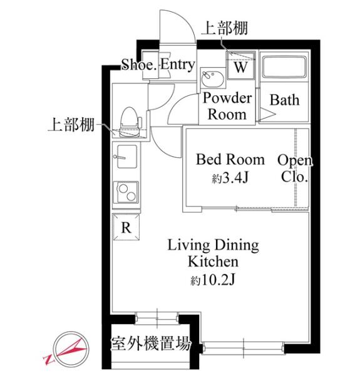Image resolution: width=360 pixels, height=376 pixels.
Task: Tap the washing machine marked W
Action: [x=240, y=65]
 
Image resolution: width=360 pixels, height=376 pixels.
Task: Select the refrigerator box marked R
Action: [x=126, y=227]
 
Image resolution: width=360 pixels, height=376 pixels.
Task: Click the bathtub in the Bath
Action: [x=284, y=67]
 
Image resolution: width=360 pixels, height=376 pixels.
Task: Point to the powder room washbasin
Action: [x=213, y=78]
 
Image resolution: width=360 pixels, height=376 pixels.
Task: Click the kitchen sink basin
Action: [x=126, y=156]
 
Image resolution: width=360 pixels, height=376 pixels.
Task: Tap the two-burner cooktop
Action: [x=126, y=192]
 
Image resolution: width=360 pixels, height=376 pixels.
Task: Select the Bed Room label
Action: [x=230, y=159]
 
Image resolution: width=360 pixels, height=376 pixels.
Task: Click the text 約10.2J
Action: [x=213, y=279]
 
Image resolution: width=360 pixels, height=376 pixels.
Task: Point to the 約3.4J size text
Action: [x=230, y=178]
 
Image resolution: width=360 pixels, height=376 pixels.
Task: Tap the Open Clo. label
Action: [x=295, y=169]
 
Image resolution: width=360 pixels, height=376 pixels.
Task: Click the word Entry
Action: [x=177, y=65]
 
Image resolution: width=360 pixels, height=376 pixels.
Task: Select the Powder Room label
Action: [x=227, y=106]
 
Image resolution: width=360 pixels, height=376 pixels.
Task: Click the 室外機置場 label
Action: [x=151, y=343]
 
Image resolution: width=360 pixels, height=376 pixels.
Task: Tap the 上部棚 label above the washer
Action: [x=225, y=28]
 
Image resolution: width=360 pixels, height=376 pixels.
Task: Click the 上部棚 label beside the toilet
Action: [x=71, y=124]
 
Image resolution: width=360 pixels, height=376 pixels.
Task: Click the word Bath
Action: [x=284, y=100]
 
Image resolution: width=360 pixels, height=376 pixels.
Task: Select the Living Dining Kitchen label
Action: [x=213, y=253]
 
